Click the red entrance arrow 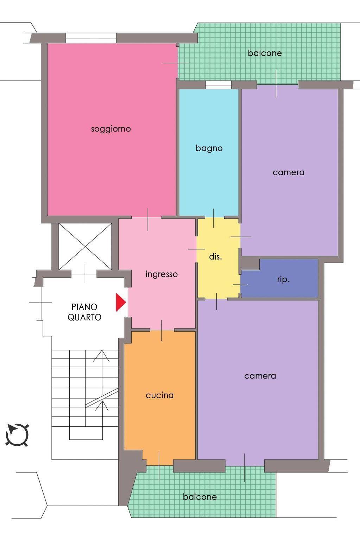tap(120, 302)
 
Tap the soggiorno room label tap(111, 129)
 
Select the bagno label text tap(209, 148)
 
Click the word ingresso tap(162, 274)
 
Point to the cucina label tap(160, 395)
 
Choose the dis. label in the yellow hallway tap(215, 256)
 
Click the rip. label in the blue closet tap(283, 280)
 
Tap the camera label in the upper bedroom tap(288, 173)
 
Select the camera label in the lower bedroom tap(260, 376)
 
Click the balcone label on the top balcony tap(265, 53)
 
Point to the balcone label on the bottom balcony tap(200, 497)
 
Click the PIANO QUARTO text tap(84, 312)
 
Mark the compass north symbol tap(17, 435)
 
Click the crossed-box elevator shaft tap(85, 246)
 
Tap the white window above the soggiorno tap(91, 38)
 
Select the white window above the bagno tap(218, 85)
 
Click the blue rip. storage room tap(279, 278)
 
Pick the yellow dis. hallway tap(219, 258)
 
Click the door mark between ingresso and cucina tap(161, 330)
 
